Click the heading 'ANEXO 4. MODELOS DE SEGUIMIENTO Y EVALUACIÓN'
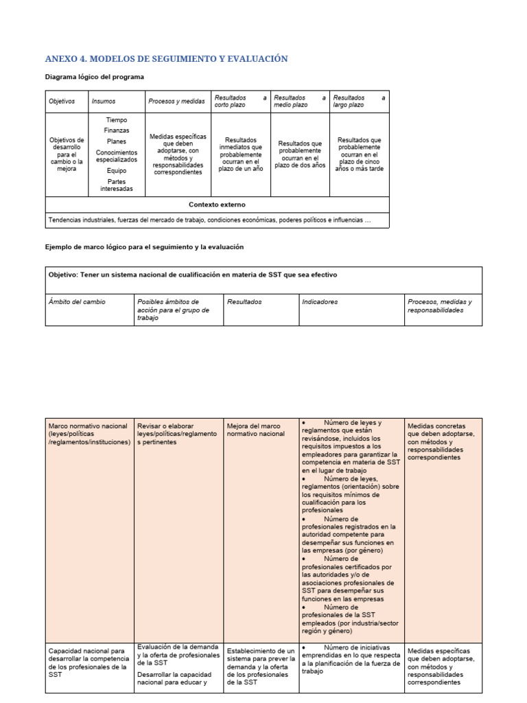tap(166, 59)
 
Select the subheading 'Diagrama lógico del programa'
tap(95, 77)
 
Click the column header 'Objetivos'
tap(62, 102)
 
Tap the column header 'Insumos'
tap(104, 102)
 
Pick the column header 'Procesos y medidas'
tap(176, 102)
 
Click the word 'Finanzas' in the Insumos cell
tap(117, 130)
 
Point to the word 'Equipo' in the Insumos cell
tap(117, 171)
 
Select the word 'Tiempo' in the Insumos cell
tap(117, 120)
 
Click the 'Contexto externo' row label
tap(217, 205)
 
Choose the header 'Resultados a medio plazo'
tap(299, 102)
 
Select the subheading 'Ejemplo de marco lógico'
tap(145, 246)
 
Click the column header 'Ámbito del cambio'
tap(77, 302)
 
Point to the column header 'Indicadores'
tap(319, 302)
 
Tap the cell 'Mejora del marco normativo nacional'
tap(255, 430)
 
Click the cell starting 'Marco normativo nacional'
tap(89, 434)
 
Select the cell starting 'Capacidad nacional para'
tap(88, 662)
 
